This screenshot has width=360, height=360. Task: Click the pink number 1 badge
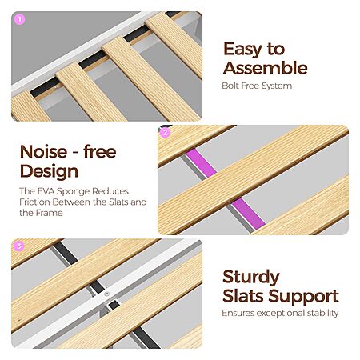[x=19, y=19]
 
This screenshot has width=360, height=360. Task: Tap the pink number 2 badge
[x=165, y=133]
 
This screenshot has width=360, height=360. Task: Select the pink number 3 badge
[x=19, y=246]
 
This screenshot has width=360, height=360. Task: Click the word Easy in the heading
[x=242, y=50]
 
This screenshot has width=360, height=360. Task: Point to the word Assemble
[x=266, y=68]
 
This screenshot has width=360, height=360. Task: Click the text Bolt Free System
[x=257, y=86]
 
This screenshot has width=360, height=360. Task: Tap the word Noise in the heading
[x=43, y=152]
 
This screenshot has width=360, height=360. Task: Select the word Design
[x=49, y=171]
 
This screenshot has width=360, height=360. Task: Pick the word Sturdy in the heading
[x=251, y=278]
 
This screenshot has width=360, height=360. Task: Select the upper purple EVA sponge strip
[x=201, y=162]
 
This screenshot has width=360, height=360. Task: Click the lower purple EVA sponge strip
[x=248, y=214]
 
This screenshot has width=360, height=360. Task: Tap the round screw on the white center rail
[x=107, y=294]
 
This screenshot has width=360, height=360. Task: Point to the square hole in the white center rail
[x=114, y=304]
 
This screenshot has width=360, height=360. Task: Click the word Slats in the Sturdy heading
[x=243, y=297]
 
